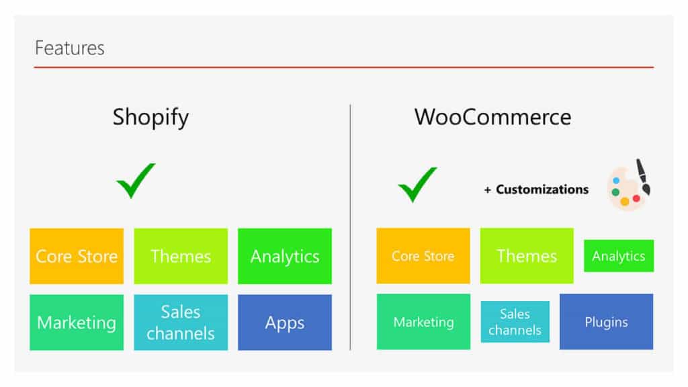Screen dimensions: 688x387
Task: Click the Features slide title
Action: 69,48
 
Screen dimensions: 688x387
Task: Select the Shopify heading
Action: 150,118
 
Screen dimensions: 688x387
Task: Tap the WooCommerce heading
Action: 492,117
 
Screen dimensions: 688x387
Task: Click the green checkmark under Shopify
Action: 136,181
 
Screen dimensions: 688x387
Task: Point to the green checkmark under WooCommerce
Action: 417,185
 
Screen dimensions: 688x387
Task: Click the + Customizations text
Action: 536,189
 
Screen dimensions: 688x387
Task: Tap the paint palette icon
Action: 629,185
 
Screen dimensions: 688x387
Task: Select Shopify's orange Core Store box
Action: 77,256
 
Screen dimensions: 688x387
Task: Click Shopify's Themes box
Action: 181,256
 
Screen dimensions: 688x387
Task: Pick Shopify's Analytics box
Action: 285,256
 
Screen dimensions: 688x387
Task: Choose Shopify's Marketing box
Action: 77,322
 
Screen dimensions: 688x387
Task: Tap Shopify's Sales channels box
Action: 181,322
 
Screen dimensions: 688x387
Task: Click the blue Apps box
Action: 285,322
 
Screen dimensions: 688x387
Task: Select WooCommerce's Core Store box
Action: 423,256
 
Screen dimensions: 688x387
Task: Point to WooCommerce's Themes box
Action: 527,256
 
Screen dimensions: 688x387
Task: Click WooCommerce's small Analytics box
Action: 619,256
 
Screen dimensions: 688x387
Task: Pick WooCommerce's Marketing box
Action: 423,322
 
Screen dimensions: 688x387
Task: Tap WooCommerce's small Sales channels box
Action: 515,322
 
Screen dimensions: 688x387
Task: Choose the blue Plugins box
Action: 607,322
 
